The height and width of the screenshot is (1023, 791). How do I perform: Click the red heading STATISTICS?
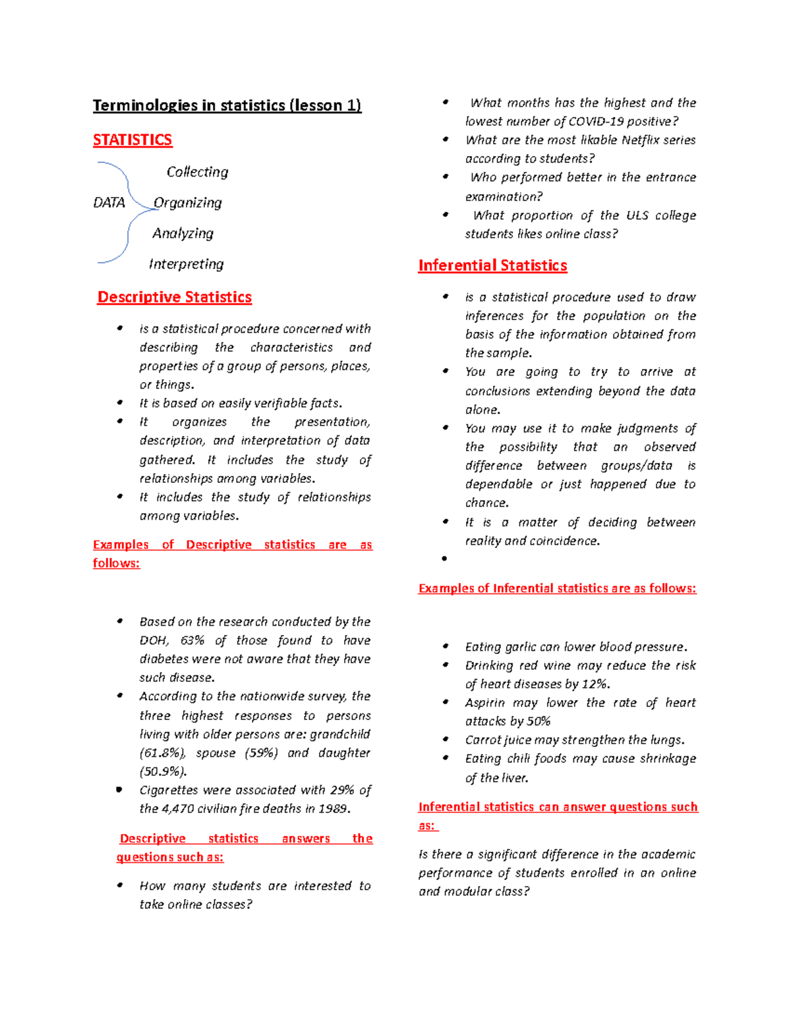[132, 140]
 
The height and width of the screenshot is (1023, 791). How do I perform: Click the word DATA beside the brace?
[109, 203]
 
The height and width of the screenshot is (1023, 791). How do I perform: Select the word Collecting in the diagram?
[197, 172]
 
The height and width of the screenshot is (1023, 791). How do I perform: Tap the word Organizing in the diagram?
[188, 203]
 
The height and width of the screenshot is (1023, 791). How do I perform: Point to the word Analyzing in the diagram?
[183, 233]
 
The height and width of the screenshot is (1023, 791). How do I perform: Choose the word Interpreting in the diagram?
[187, 264]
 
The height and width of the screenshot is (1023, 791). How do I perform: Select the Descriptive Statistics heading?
[175, 297]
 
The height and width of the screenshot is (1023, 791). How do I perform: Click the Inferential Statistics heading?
[492, 265]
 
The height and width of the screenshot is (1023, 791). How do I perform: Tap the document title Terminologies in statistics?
[227, 105]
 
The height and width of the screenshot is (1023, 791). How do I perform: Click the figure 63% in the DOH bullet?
[192, 640]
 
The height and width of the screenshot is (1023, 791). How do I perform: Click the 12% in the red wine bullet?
[595, 684]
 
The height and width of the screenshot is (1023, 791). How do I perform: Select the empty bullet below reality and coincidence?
[445, 559]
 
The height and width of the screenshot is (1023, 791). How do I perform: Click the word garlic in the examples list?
[521, 647]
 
